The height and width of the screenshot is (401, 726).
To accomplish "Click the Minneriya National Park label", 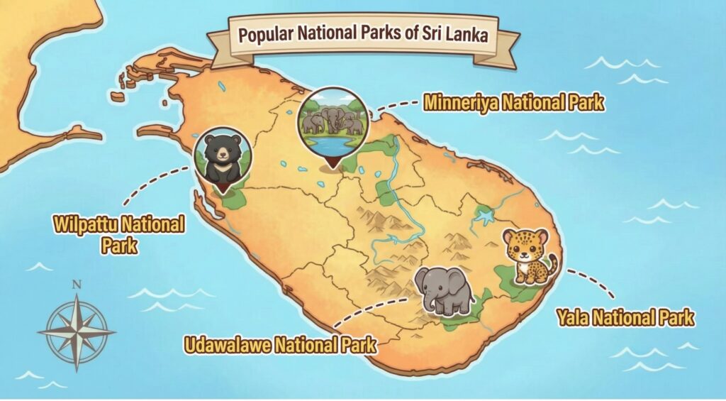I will [513, 102].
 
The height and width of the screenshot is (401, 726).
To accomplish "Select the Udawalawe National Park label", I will [281, 346].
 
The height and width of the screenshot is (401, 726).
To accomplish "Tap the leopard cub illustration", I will [526, 256].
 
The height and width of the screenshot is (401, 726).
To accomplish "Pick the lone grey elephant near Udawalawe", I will [445, 290].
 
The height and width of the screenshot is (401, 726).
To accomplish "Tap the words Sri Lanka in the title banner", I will [457, 35].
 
